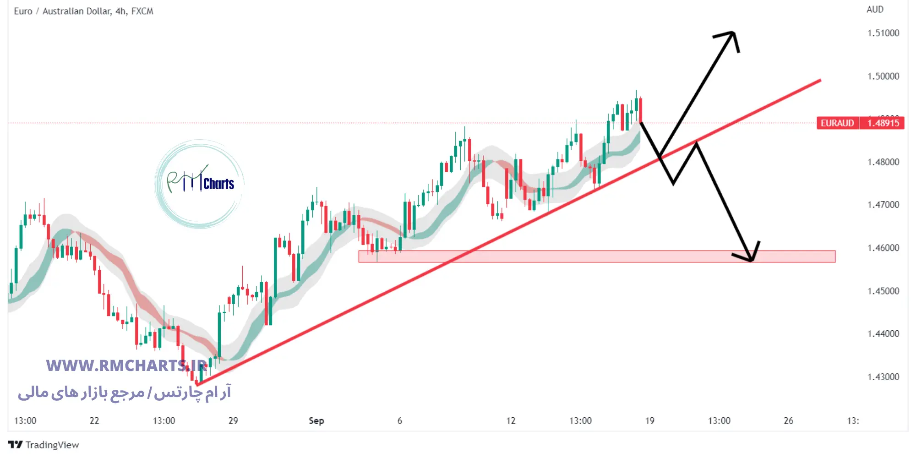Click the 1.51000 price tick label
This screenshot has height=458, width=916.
click(x=883, y=33)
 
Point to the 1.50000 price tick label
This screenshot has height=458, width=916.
click(x=883, y=76)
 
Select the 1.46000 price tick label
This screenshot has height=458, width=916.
click(x=883, y=248)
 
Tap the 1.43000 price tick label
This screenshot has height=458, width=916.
click(x=883, y=377)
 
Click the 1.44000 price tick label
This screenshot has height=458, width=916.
click(x=883, y=334)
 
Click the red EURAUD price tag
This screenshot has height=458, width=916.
click(x=837, y=123)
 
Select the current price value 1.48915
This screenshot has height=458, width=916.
click(x=883, y=123)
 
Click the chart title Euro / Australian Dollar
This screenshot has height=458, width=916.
click(x=83, y=11)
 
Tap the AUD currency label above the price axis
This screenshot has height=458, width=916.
click(x=875, y=9)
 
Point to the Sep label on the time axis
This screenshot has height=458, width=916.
click(x=316, y=420)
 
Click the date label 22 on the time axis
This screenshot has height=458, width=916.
click(x=94, y=420)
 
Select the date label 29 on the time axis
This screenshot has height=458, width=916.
click(x=233, y=420)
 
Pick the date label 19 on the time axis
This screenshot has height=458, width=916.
click(x=649, y=420)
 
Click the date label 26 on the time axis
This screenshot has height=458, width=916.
click(x=788, y=420)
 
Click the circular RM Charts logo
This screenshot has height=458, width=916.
click(x=200, y=184)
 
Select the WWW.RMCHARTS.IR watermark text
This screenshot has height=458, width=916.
click(x=126, y=365)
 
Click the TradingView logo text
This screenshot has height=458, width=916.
click(x=52, y=445)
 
